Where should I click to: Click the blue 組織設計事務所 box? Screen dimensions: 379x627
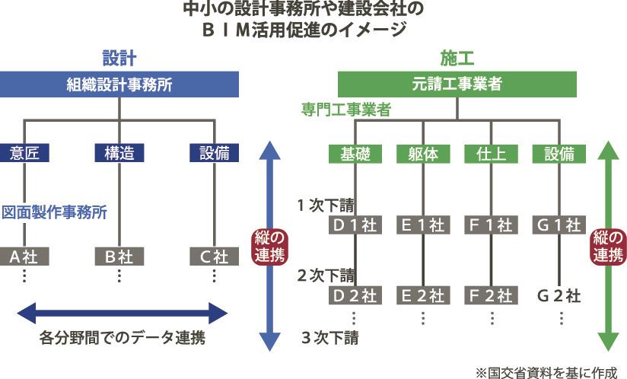click(119, 84)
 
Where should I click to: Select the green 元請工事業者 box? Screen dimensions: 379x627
click(457, 84)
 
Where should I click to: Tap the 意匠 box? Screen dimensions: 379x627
click(25, 153)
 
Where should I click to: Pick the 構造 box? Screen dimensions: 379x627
click(119, 153)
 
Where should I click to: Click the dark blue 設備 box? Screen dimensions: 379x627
click(214, 153)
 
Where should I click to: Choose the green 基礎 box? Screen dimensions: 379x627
click(355, 153)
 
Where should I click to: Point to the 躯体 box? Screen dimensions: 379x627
click(423, 153)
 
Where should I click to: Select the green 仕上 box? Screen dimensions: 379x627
click(492, 153)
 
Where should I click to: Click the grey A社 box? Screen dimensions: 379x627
click(24, 256)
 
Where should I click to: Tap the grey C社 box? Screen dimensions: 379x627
click(214, 256)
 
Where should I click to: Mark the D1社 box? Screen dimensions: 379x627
click(355, 225)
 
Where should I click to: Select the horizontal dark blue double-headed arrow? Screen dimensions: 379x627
click(122, 311)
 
